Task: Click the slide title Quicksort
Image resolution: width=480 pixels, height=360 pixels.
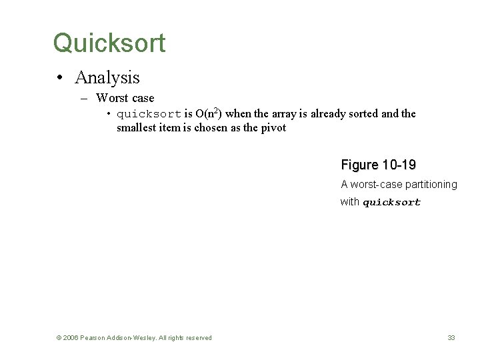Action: pos(109,43)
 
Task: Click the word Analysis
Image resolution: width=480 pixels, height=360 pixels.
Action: pos(107,77)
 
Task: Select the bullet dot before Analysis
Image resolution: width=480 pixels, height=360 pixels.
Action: pos(60,78)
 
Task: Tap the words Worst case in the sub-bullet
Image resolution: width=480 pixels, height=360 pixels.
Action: pos(125,98)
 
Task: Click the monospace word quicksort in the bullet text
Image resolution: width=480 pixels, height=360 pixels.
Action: pos(149,114)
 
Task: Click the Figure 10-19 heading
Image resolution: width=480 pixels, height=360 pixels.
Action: pos(378,165)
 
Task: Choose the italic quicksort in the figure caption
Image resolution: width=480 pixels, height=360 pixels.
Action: pos(391,203)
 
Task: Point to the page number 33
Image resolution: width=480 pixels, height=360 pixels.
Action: pos(451,338)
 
